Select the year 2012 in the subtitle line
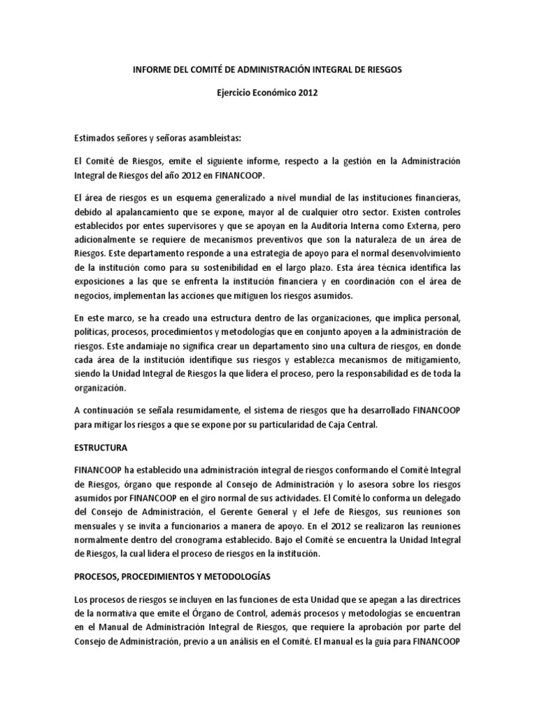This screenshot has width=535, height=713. [x=307, y=93]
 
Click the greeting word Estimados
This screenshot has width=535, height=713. [x=95, y=139]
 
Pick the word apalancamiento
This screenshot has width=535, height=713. [x=145, y=211]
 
